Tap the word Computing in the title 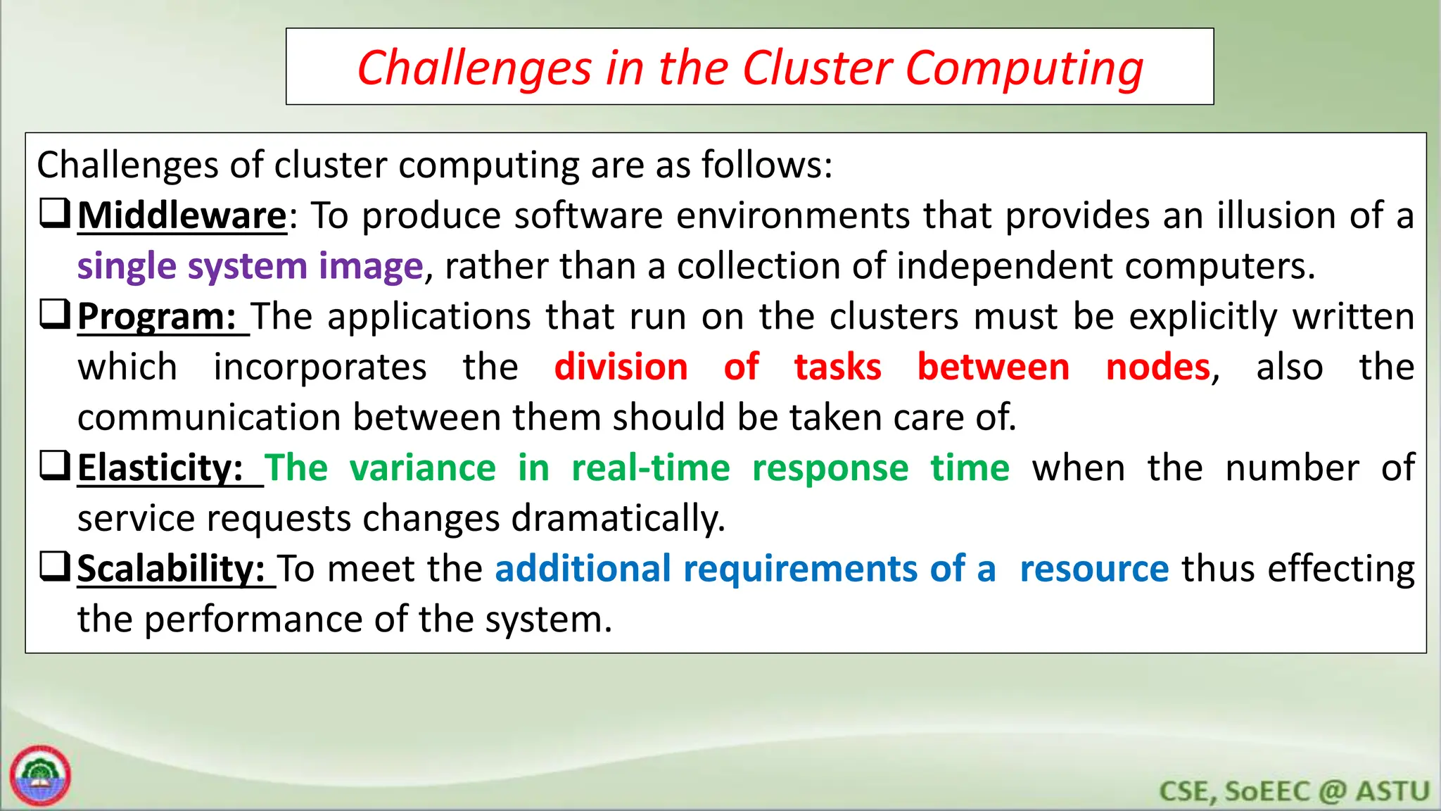(1024, 70)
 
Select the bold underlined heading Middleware (182, 215)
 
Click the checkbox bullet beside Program (55, 314)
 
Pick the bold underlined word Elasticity (160, 468)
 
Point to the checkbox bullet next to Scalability (55, 566)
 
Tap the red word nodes (1158, 367)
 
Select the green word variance (422, 468)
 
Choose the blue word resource (1094, 569)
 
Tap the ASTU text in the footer (1392, 791)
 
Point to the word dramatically (617, 519)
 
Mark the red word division (621, 367)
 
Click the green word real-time (650, 468)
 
